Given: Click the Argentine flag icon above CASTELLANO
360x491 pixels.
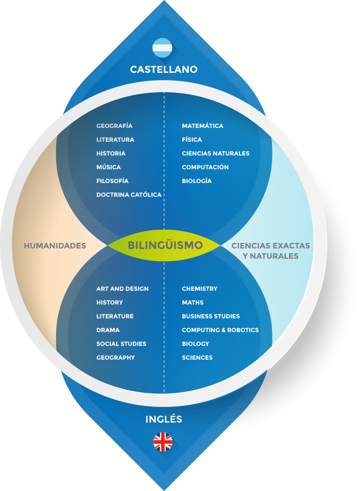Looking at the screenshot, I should point(162,48).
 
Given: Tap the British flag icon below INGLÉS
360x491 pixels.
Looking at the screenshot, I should point(163,442).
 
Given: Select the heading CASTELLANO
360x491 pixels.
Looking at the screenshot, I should point(164,69).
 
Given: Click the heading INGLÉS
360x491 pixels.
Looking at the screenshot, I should point(164,419).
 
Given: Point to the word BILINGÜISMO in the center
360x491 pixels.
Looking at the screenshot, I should point(165,245).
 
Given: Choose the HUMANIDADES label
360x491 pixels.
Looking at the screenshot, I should point(55,245).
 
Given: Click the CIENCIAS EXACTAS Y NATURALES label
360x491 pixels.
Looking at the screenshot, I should point(270,250).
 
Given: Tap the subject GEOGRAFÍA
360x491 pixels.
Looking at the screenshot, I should point(114,126).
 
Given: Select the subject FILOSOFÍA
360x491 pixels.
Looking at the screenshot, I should point(112,181).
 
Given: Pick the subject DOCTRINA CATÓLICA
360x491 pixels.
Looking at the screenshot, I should point(129,195).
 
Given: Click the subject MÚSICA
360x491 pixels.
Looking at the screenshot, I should point(108,167).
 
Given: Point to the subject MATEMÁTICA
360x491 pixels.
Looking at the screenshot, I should point(203,126).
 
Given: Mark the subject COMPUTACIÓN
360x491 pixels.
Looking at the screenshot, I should point(205,167).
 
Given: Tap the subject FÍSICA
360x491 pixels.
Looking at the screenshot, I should point(192,140).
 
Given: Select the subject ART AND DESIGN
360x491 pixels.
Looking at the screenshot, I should point(122,289).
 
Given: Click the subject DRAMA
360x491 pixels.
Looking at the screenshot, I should point(108,330).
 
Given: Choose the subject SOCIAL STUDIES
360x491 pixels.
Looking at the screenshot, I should point(121,344).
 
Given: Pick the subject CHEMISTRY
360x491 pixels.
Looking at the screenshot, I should point(199,289).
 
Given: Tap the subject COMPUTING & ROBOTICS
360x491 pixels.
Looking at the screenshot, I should point(220,330).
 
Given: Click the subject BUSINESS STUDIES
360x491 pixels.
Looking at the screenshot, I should point(210,316).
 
